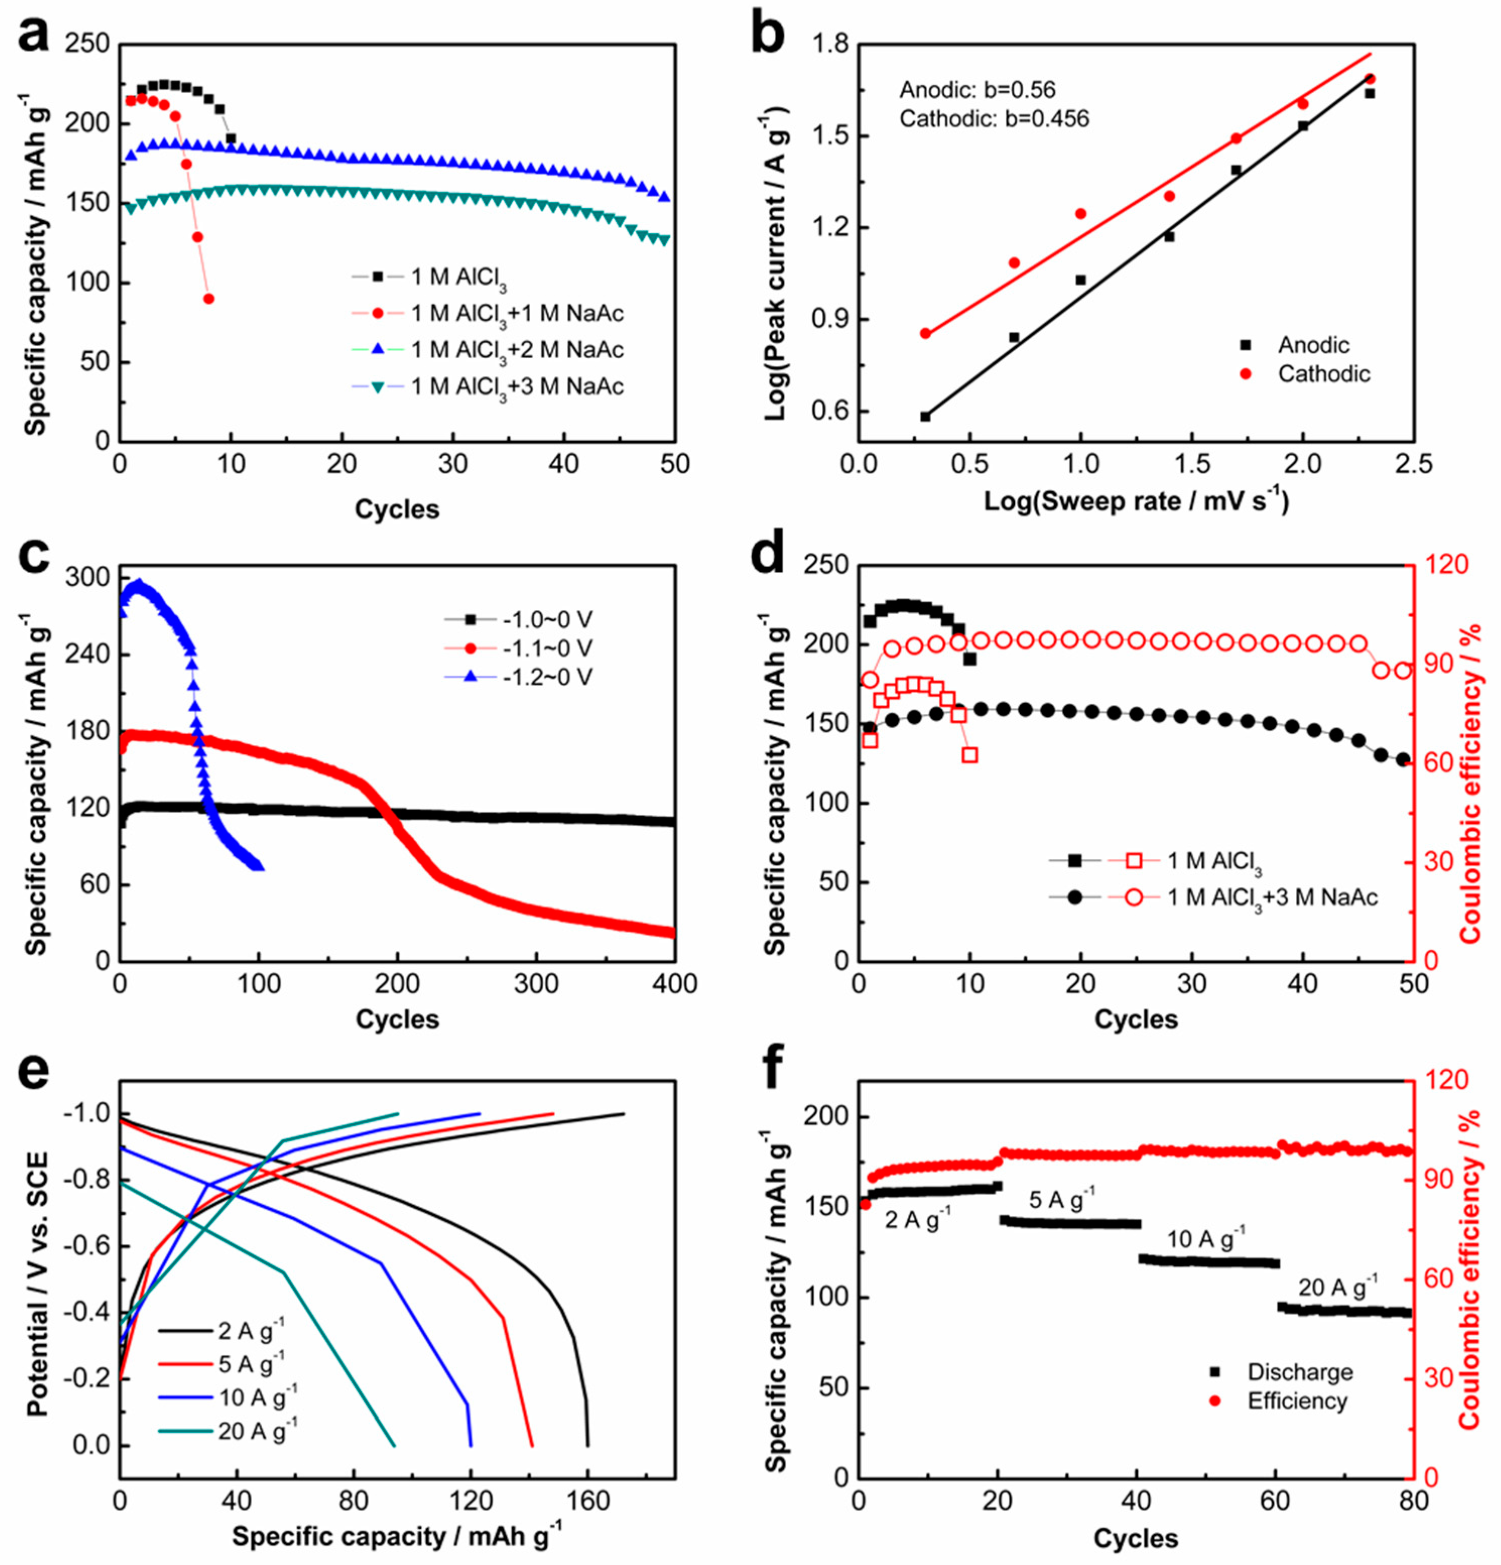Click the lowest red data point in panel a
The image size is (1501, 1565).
coord(209,299)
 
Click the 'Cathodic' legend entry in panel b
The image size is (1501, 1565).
coord(1323,374)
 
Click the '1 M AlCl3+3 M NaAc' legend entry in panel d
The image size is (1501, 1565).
coord(1272,897)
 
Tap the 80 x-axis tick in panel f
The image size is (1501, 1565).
coord(1413,1501)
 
